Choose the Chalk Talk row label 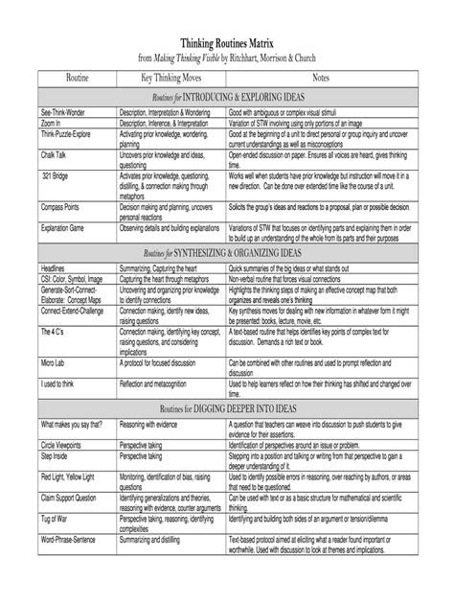point(56,152)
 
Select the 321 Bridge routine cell point(56,177)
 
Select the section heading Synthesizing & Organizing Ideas point(226,250)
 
